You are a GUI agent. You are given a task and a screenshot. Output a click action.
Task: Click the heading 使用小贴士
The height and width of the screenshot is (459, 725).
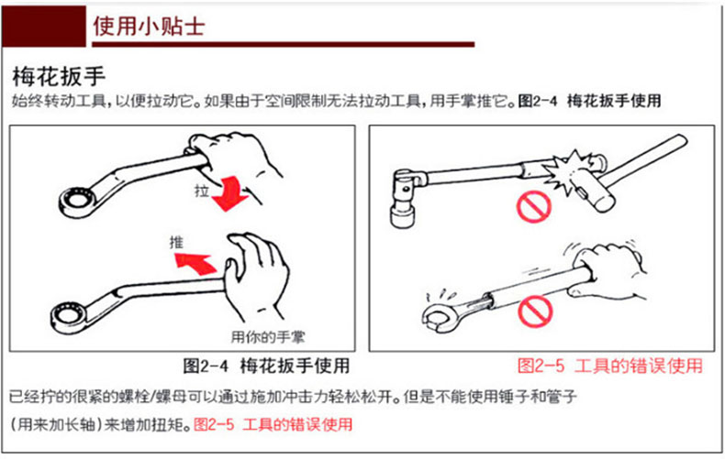[x=149, y=26]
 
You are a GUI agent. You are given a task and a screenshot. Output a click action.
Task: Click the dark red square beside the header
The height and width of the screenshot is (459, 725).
[x=44, y=26]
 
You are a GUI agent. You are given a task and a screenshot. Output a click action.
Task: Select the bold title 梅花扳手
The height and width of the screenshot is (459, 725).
[x=59, y=77]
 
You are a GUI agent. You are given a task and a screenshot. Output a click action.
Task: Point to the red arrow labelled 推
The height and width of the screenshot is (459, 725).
[x=195, y=264]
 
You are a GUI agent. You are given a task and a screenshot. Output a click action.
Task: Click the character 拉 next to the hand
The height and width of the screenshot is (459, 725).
[x=202, y=191]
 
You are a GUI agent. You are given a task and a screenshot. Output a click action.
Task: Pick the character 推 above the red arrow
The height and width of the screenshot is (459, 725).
[x=176, y=242]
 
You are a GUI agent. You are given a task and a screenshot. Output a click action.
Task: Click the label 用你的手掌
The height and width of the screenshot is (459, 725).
[x=268, y=337]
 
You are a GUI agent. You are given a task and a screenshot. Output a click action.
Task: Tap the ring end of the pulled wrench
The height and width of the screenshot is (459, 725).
[x=77, y=202]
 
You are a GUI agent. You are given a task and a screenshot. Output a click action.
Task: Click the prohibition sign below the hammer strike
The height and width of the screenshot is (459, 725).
[x=533, y=206]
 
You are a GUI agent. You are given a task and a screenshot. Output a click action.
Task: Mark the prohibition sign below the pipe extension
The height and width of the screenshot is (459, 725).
[x=535, y=311]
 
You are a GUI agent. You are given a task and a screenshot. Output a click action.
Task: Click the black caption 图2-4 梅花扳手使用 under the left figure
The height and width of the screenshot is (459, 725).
[x=266, y=366]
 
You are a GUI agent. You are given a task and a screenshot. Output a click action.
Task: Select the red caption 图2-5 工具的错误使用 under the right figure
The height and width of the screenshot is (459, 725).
[x=610, y=366]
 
